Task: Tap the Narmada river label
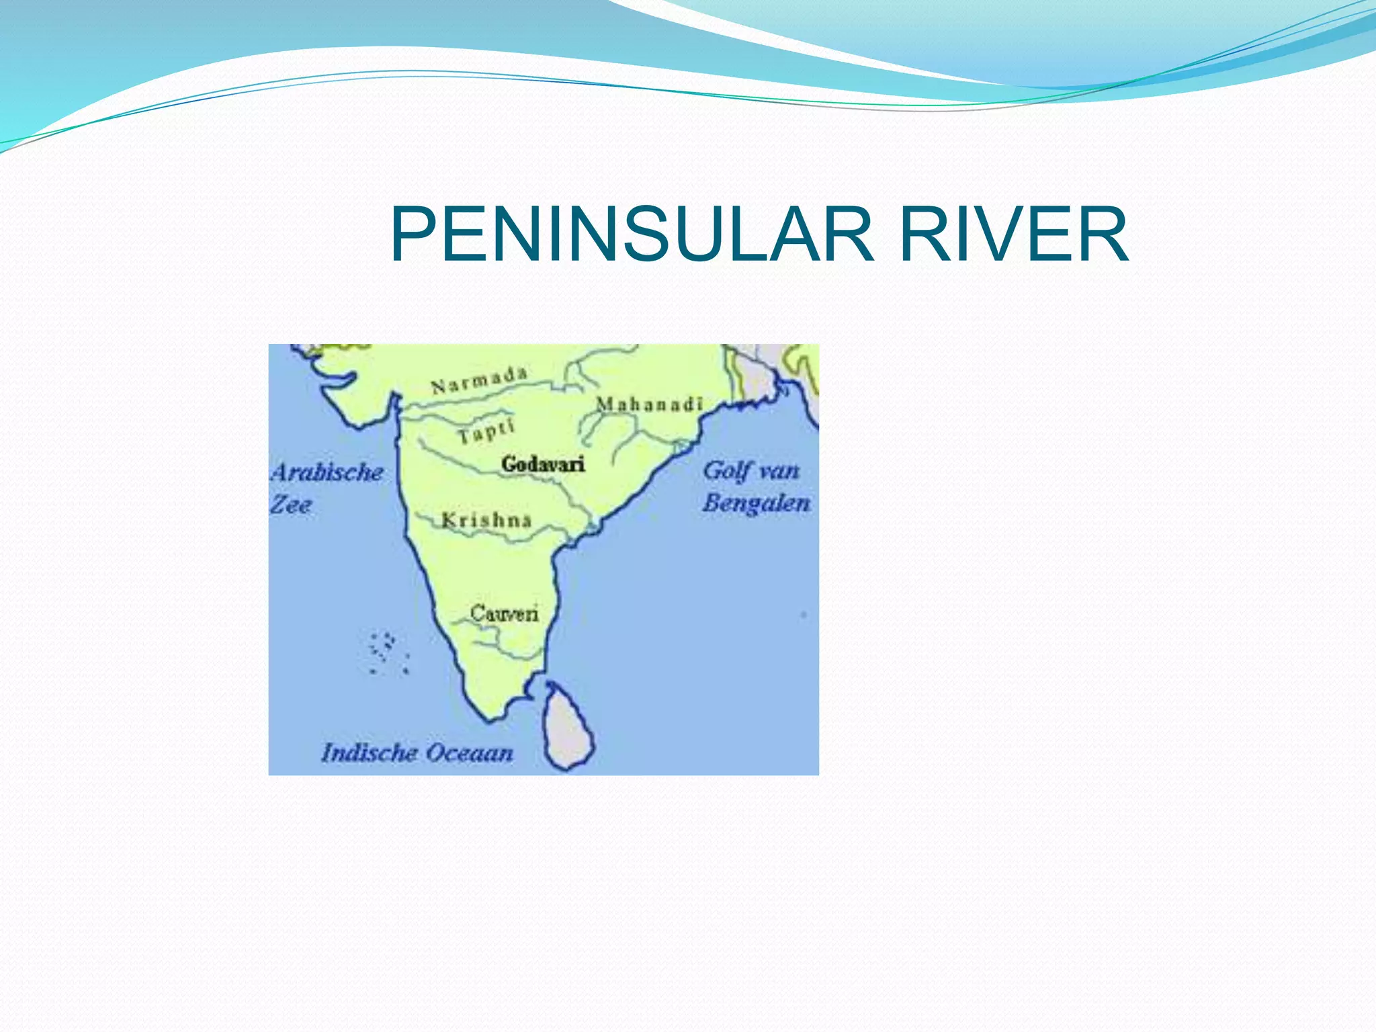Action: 479,381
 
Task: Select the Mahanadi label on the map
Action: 649,404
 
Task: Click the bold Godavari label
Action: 543,464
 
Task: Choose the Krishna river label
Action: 486,520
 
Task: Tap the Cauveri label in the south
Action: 504,613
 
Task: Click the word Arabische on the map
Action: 327,472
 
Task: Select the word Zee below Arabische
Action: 291,505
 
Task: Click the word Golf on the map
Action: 726,471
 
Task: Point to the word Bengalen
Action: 756,503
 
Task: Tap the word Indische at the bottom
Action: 369,752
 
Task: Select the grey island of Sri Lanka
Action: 568,729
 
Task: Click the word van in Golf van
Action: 779,471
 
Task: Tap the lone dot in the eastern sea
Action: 804,615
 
